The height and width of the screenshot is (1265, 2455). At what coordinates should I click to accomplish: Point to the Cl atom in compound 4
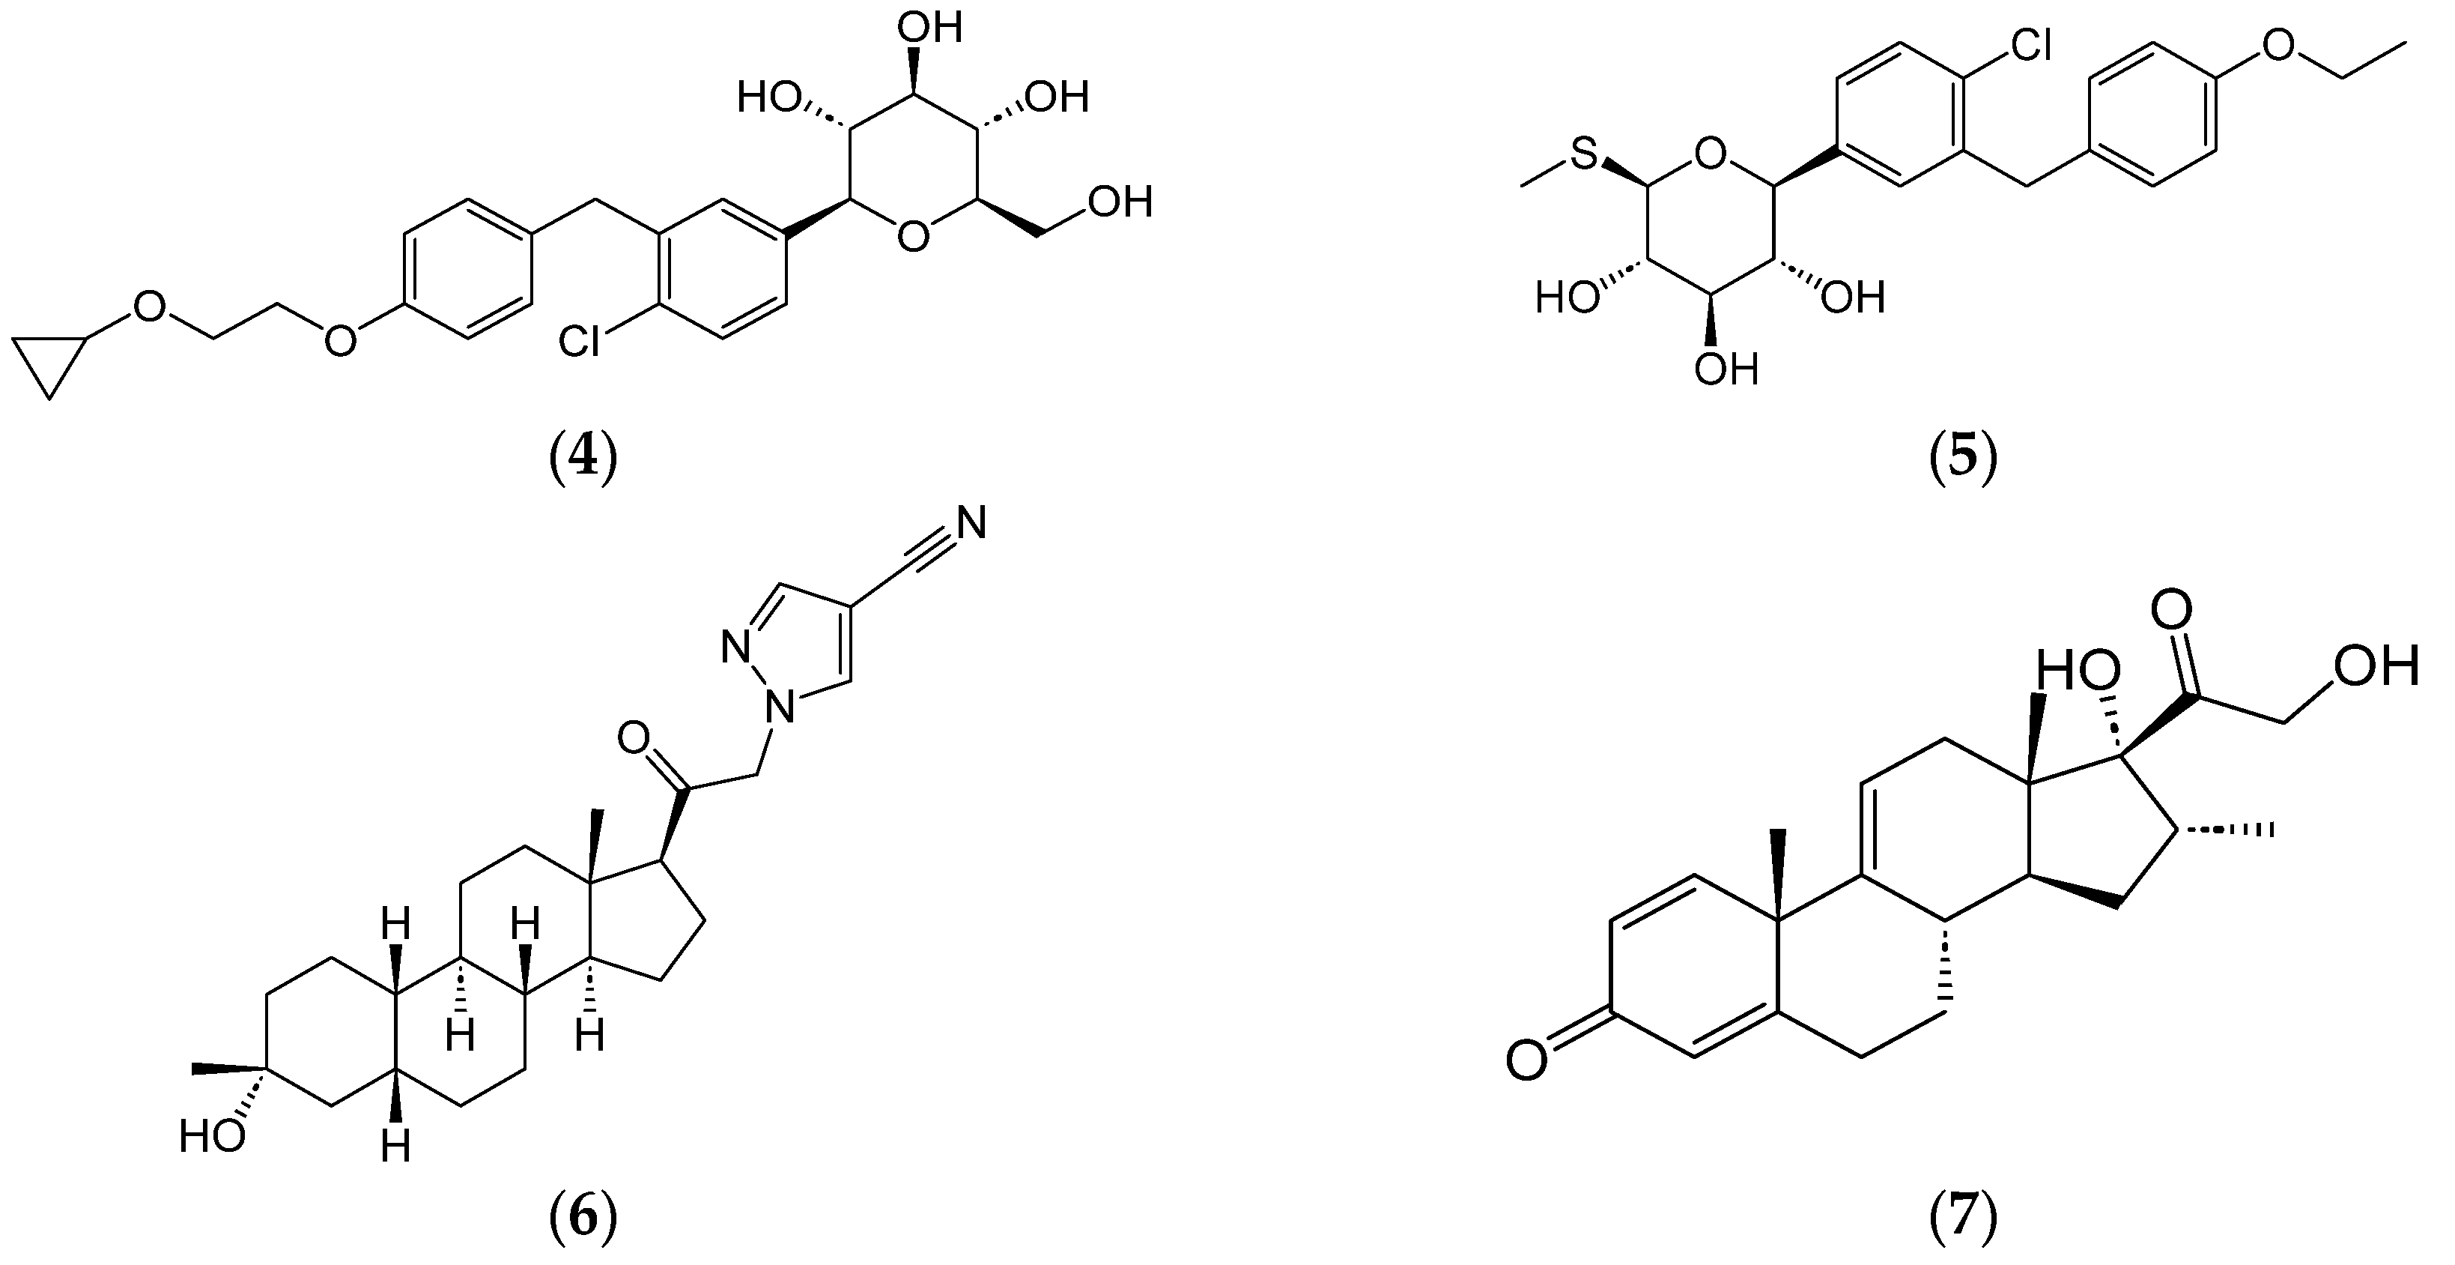coord(580,341)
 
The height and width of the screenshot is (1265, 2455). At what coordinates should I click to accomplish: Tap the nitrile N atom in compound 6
coord(970,522)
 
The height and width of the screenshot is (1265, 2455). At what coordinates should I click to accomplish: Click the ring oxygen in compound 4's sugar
coord(913,236)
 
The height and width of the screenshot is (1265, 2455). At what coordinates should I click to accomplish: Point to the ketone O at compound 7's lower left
coord(1527,1063)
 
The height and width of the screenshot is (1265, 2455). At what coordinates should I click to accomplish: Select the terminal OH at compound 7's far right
coord(2375,666)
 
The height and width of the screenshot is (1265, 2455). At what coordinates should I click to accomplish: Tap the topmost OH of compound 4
coord(930,28)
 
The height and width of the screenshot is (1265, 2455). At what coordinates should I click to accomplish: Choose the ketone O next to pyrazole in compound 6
coord(634,737)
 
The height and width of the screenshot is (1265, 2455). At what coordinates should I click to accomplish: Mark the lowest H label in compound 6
coord(395,1147)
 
